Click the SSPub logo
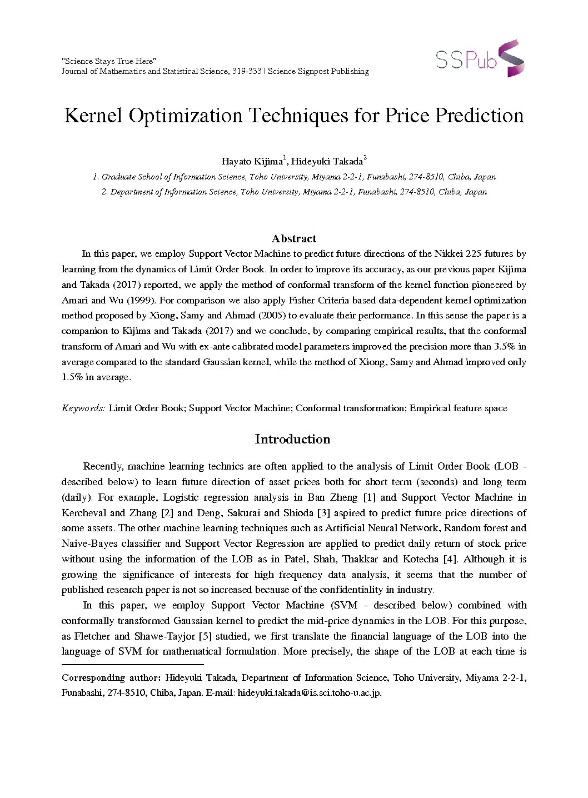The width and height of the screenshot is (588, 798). (x=480, y=58)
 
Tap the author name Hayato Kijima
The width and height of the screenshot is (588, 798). (x=252, y=162)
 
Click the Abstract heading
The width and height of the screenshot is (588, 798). (x=294, y=238)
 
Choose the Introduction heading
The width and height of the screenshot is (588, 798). (x=292, y=439)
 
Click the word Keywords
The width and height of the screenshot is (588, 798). (x=83, y=408)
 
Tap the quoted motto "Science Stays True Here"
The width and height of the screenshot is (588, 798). (x=109, y=61)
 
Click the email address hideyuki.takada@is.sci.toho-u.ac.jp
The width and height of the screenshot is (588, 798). (x=309, y=693)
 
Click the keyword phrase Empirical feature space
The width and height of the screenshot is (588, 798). (x=458, y=408)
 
